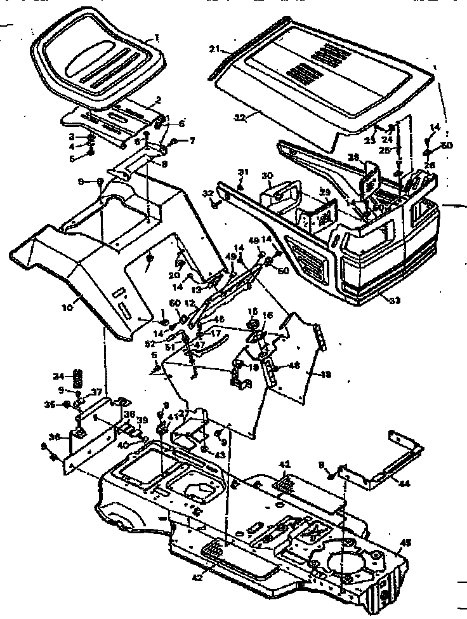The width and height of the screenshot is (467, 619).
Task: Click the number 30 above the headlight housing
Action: click(x=267, y=176)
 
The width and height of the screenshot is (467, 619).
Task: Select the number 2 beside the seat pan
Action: click(x=158, y=100)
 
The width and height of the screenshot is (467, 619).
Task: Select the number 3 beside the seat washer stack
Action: click(x=72, y=136)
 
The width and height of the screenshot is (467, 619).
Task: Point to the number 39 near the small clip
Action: click(x=143, y=420)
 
